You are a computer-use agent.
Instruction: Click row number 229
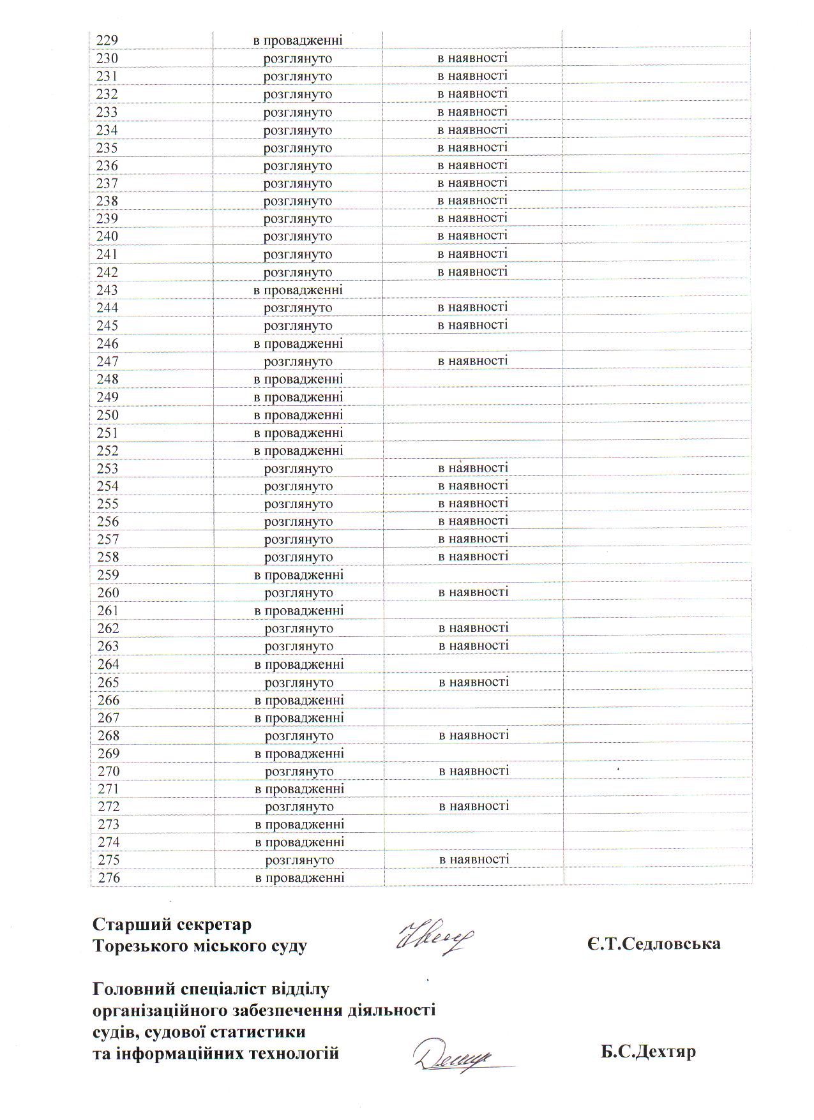(107, 41)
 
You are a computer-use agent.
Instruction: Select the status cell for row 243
(298, 290)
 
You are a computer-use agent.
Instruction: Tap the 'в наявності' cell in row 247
(472, 361)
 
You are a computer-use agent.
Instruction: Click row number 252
(107, 451)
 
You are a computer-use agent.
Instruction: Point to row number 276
(109, 878)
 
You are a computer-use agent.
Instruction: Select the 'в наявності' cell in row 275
(474, 860)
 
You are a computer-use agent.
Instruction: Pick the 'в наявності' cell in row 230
(472, 59)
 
